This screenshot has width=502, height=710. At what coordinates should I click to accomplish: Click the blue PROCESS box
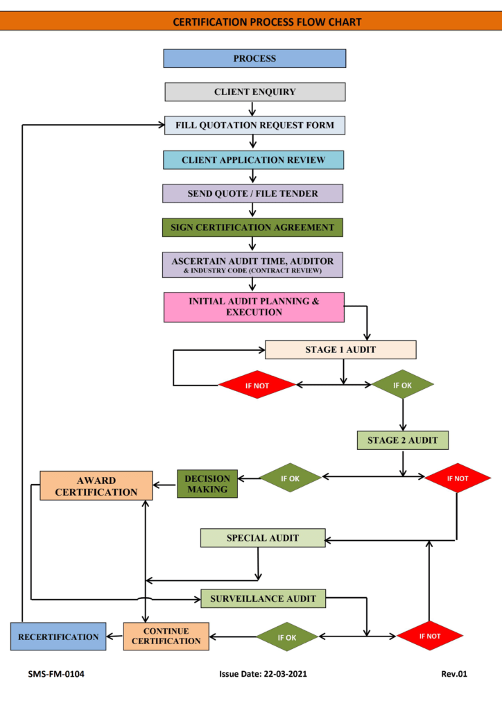[254, 58]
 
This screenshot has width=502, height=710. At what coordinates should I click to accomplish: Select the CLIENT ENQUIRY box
[254, 92]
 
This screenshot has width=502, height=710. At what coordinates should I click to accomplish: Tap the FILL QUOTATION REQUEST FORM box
[254, 125]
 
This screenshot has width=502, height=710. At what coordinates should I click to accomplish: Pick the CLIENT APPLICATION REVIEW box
[254, 160]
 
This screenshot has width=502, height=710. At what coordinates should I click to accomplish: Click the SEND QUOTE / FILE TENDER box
[253, 193]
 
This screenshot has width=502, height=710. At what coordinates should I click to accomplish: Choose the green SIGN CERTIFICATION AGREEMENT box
[252, 227]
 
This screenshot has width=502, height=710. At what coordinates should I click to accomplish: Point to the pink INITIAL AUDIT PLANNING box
[254, 307]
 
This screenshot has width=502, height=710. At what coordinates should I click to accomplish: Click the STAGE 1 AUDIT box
[340, 349]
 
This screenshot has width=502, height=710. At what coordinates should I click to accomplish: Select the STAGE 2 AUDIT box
[403, 440]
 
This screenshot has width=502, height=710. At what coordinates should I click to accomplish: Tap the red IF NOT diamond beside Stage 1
[257, 385]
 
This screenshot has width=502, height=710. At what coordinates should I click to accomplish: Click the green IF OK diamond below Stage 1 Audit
[402, 385]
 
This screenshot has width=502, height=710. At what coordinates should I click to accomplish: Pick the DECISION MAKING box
[207, 483]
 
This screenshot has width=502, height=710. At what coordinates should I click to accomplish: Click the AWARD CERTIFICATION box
[96, 486]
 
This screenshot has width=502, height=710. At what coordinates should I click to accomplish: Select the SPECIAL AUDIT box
[263, 538]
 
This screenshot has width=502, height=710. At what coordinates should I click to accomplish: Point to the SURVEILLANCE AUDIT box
[263, 598]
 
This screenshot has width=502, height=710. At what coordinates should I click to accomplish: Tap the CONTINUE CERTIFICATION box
[166, 636]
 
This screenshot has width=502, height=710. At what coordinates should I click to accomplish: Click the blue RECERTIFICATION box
[58, 637]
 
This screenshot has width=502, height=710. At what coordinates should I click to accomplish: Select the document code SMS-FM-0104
[56, 673]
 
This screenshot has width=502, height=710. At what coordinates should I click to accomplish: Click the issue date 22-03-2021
[263, 673]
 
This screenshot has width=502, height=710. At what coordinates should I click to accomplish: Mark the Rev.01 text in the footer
[454, 673]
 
